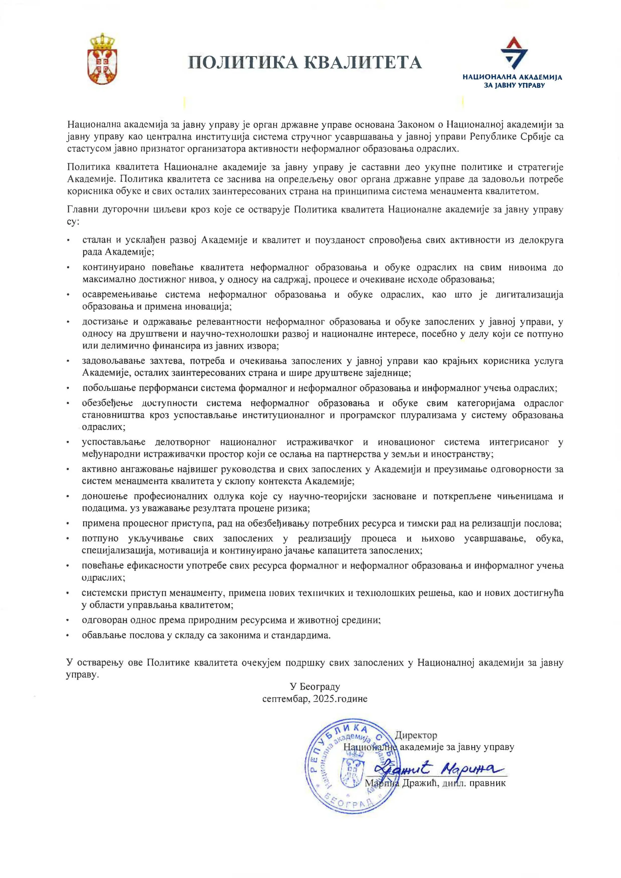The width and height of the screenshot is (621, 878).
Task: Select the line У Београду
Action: coord(315,687)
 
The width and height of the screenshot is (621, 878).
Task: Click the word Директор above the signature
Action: coord(416,735)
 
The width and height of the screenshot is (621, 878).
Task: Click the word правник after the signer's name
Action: coord(487,783)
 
